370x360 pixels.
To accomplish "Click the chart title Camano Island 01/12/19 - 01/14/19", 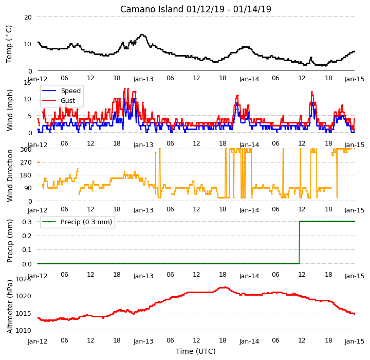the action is point(196,9).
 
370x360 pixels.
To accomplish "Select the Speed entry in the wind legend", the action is point(70,91).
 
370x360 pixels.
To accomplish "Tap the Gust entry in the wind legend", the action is point(68,100).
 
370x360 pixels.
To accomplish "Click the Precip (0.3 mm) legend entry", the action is point(86,222).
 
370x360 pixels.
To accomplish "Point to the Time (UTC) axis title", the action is point(196,351).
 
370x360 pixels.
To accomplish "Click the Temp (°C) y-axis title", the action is point(9,44).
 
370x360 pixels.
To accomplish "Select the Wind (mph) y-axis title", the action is point(10,110).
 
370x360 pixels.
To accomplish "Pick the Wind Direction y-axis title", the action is point(10,175).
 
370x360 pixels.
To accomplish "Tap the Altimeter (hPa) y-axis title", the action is point(10,307).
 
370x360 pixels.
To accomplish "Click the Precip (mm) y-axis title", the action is point(10,241).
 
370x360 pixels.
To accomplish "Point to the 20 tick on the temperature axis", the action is point(28,17).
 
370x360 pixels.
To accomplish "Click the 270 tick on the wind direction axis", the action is point(26,163).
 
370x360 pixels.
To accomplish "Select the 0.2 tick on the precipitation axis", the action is point(27,236).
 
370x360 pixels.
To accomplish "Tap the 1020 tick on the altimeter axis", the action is point(24,296).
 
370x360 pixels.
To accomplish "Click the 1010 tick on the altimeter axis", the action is point(24,330).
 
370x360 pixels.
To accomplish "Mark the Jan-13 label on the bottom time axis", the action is point(143,341).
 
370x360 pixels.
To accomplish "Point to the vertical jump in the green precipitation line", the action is point(300,242).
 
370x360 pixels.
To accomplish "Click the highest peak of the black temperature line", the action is point(142,35).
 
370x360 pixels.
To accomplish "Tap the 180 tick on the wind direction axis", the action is point(26,175).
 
